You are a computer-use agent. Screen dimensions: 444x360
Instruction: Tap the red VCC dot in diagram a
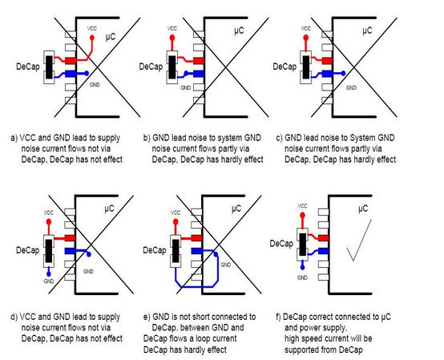[91, 38]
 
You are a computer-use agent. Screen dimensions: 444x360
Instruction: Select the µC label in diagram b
[239, 30]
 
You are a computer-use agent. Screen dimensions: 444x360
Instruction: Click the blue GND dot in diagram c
[343, 73]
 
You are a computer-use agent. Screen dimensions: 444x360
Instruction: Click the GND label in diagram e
[226, 265]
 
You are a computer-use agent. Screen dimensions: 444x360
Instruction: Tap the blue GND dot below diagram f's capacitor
[302, 267]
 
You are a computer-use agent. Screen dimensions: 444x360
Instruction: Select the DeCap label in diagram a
[28, 67]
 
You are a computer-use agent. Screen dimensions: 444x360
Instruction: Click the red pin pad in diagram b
[199, 61]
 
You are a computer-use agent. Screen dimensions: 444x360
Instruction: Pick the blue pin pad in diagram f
[323, 251]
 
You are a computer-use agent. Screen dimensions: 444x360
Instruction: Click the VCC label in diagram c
[305, 29]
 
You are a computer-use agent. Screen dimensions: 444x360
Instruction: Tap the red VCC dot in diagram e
[176, 222]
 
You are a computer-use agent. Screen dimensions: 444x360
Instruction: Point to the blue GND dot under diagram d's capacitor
[49, 274]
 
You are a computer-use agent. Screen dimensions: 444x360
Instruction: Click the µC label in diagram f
[363, 209]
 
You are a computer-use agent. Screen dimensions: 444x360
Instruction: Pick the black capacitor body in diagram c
[306, 67]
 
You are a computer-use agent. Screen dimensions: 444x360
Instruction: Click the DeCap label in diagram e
[155, 250]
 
